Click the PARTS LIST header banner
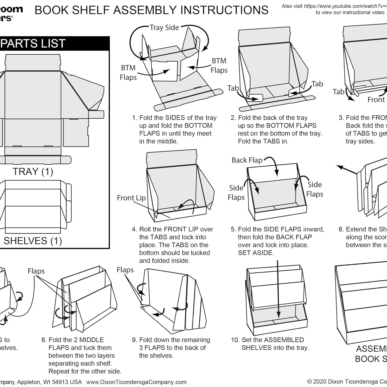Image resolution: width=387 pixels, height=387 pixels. click(52, 43)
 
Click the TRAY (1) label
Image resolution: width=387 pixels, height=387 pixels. click(33, 172)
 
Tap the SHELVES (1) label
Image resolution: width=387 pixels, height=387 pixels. click(33, 241)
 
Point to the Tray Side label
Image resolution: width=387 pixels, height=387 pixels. click(164, 28)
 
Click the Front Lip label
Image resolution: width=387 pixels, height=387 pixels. click(131, 198)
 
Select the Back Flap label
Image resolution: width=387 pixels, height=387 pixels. click(247, 160)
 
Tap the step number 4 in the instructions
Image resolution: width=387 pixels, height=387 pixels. click(134, 229)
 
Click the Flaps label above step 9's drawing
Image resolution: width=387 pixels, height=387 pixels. click(125, 270)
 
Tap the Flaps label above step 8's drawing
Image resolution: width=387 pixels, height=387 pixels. click(36, 271)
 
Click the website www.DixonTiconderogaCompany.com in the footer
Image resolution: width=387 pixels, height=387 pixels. click(136, 382)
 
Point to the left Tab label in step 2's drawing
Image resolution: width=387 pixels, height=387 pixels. click(233, 88)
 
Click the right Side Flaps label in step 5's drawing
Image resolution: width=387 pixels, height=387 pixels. click(315, 189)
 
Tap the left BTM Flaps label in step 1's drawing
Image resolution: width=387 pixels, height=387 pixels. click(128, 72)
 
